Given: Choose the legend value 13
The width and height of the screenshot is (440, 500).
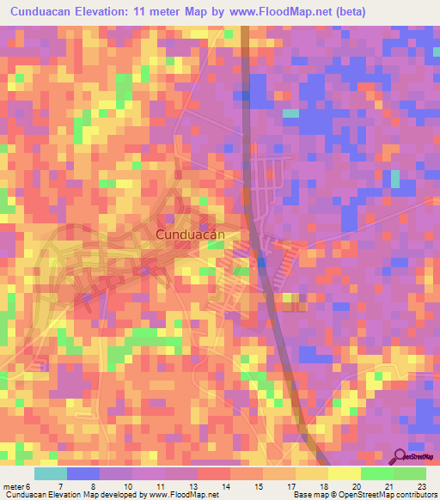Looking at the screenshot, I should [194, 486].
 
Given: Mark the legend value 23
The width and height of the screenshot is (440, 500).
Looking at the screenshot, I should [421, 486].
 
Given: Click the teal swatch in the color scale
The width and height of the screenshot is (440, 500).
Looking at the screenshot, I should [50, 473].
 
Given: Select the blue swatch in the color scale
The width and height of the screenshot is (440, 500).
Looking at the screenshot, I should [82, 473].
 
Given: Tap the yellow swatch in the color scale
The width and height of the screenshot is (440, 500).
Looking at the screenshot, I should [344, 473].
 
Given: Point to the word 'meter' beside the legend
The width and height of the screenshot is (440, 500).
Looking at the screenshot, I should [15, 486].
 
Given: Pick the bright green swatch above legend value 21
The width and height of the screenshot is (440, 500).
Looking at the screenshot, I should [376, 473].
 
